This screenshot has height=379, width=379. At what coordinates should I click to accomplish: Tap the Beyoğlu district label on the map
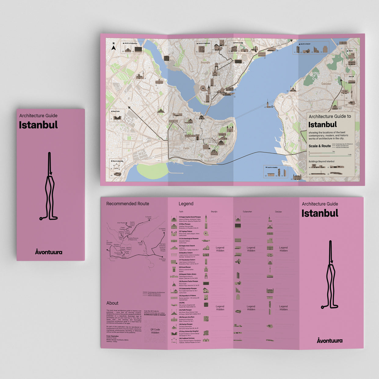tap(205, 63)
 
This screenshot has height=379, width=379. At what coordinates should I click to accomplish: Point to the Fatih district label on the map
tap(186, 148)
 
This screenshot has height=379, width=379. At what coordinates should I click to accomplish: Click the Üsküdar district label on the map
tap(326, 84)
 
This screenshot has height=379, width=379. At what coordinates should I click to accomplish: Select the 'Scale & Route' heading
tap(319, 146)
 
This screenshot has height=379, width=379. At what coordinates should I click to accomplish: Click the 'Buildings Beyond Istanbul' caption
tap(321, 161)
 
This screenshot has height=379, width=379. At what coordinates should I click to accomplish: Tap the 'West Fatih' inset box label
tap(117, 111)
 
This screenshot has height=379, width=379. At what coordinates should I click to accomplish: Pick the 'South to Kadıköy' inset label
tap(272, 168)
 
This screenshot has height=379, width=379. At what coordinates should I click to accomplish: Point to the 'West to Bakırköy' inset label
tap(117, 161)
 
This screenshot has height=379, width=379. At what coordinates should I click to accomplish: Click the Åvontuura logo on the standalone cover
tap(49, 252)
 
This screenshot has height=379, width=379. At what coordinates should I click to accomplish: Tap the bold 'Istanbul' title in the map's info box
tap(322, 125)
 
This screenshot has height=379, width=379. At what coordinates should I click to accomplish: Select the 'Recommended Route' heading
tap(128, 204)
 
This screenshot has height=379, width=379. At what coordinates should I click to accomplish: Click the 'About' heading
tap(112, 303)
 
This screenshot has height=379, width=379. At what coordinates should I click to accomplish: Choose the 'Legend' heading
tap(186, 204)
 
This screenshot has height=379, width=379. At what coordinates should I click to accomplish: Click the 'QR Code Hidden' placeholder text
tap(155, 331)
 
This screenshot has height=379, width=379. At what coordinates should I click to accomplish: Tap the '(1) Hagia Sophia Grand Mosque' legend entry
tap(190, 217)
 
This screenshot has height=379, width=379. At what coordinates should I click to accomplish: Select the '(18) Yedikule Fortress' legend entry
tap(187, 338)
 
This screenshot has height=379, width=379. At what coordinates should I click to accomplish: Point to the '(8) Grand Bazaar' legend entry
tap(185, 267)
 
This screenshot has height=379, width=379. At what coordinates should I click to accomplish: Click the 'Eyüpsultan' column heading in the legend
tap(247, 211)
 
